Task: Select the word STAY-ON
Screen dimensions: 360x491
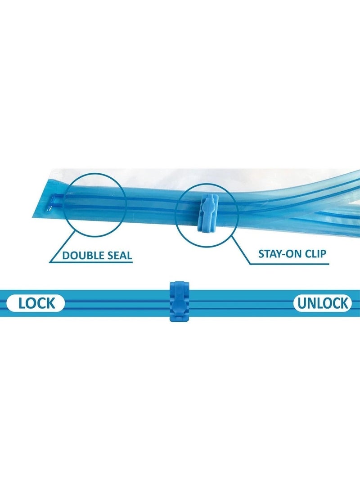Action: [277, 253]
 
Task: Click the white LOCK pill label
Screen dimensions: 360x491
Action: [36, 303]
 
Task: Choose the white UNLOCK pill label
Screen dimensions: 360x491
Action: [323, 303]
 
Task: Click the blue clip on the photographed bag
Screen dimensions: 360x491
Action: [208, 213]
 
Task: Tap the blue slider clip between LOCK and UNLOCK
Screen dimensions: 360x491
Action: [180, 301]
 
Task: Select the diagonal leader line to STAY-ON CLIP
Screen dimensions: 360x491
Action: [240, 249]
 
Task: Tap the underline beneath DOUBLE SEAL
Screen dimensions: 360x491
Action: [91, 262]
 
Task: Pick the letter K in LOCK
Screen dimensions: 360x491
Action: [51, 303]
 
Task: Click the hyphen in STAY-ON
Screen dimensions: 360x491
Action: [283, 254]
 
